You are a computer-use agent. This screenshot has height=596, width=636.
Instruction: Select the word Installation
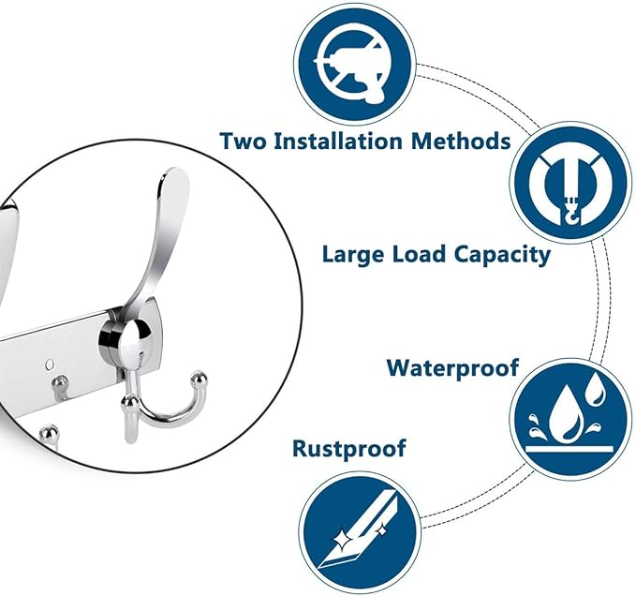[338, 141]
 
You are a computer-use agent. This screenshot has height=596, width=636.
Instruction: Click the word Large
[353, 255]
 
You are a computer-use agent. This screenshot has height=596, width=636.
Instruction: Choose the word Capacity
[502, 255]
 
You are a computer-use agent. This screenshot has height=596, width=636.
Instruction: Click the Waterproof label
[452, 368]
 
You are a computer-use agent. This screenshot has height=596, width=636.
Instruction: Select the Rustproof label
[348, 449]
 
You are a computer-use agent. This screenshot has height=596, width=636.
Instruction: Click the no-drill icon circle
[354, 64]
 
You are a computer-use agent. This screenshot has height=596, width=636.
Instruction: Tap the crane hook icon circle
[570, 183]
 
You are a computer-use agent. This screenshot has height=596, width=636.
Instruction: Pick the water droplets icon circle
[570, 419]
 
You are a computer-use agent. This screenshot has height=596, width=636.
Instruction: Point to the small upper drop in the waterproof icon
[596, 389]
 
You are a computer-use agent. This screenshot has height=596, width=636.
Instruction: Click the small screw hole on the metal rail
[50, 364]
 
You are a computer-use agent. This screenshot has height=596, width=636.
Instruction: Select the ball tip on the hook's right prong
[199, 378]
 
